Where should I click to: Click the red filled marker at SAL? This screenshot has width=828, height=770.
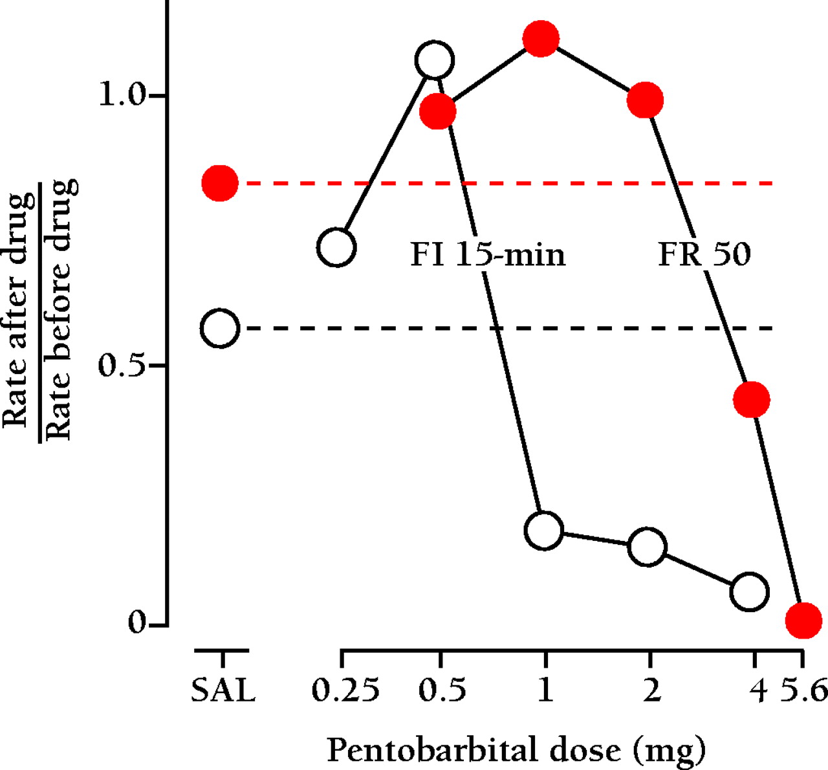click(220, 183)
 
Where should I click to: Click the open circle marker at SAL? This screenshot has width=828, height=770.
click(220, 329)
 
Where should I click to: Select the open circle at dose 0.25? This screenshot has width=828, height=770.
click(336, 247)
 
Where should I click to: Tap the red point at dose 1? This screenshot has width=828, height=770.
click(541, 39)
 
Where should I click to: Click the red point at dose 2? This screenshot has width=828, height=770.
click(645, 100)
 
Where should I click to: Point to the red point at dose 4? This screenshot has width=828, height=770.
click(751, 399)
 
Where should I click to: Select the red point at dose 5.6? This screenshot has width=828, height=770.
click(803, 620)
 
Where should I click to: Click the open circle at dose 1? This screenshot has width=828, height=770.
click(545, 531)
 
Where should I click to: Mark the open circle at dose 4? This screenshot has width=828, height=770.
click(749, 591)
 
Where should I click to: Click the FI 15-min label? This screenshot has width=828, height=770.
click(488, 254)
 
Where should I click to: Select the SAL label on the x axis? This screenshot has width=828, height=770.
click(223, 690)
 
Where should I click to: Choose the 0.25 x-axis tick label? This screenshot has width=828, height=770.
click(345, 690)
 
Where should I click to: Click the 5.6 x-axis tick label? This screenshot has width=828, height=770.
click(804, 690)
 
